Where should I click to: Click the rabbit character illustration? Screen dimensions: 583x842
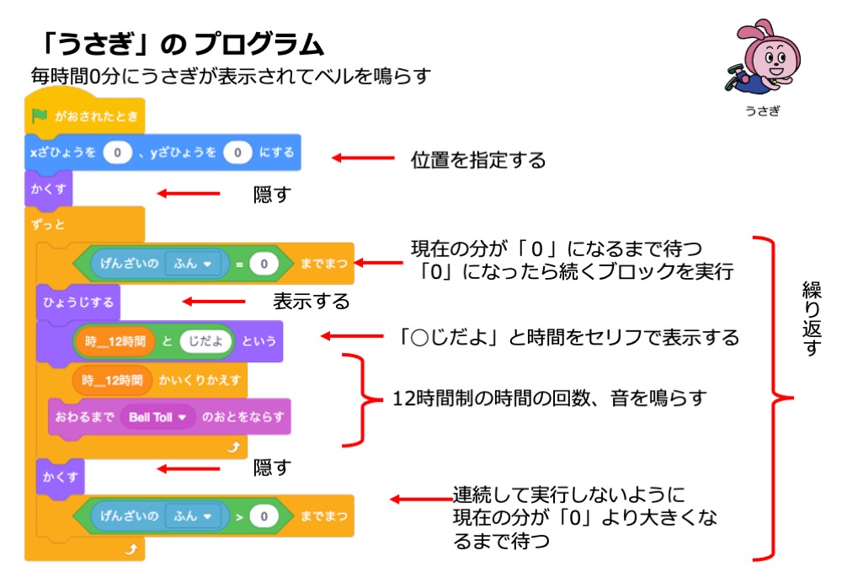pos(760,59)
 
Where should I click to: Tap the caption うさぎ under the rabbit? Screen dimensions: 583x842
pos(762,111)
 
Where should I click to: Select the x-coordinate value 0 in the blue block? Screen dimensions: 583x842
pos(118,152)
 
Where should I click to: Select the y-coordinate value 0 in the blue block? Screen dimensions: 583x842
pos(238,152)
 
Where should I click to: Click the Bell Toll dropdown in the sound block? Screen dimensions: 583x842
pos(157,416)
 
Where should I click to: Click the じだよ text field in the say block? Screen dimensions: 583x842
pos(205,340)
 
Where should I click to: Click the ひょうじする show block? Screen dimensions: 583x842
pos(77,301)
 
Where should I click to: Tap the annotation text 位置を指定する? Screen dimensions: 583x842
pos(478,158)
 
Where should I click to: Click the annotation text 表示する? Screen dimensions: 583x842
pos(311,301)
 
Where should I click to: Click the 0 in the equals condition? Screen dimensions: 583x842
pos(264,265)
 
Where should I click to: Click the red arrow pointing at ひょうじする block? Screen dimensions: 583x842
pos(214,301)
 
